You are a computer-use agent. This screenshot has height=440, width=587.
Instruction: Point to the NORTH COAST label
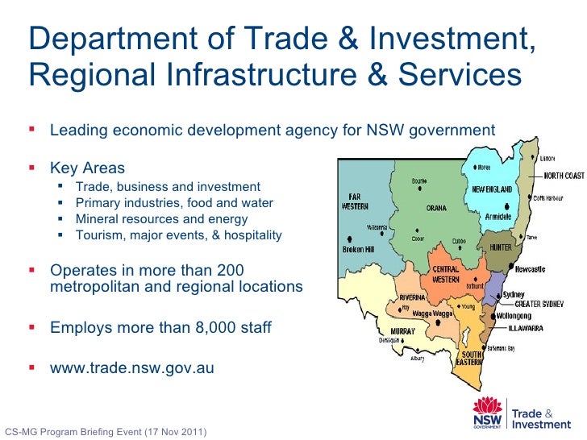click(x=563, y=175)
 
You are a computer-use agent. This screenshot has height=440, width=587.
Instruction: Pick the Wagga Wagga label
click(x=432, y=313)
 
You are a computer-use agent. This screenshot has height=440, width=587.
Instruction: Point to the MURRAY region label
click(x=402, y=331)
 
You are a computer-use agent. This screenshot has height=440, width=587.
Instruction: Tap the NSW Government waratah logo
click(x=489, y=416)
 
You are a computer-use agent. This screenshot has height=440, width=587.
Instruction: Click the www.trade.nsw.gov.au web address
click(x=132, y=368)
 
